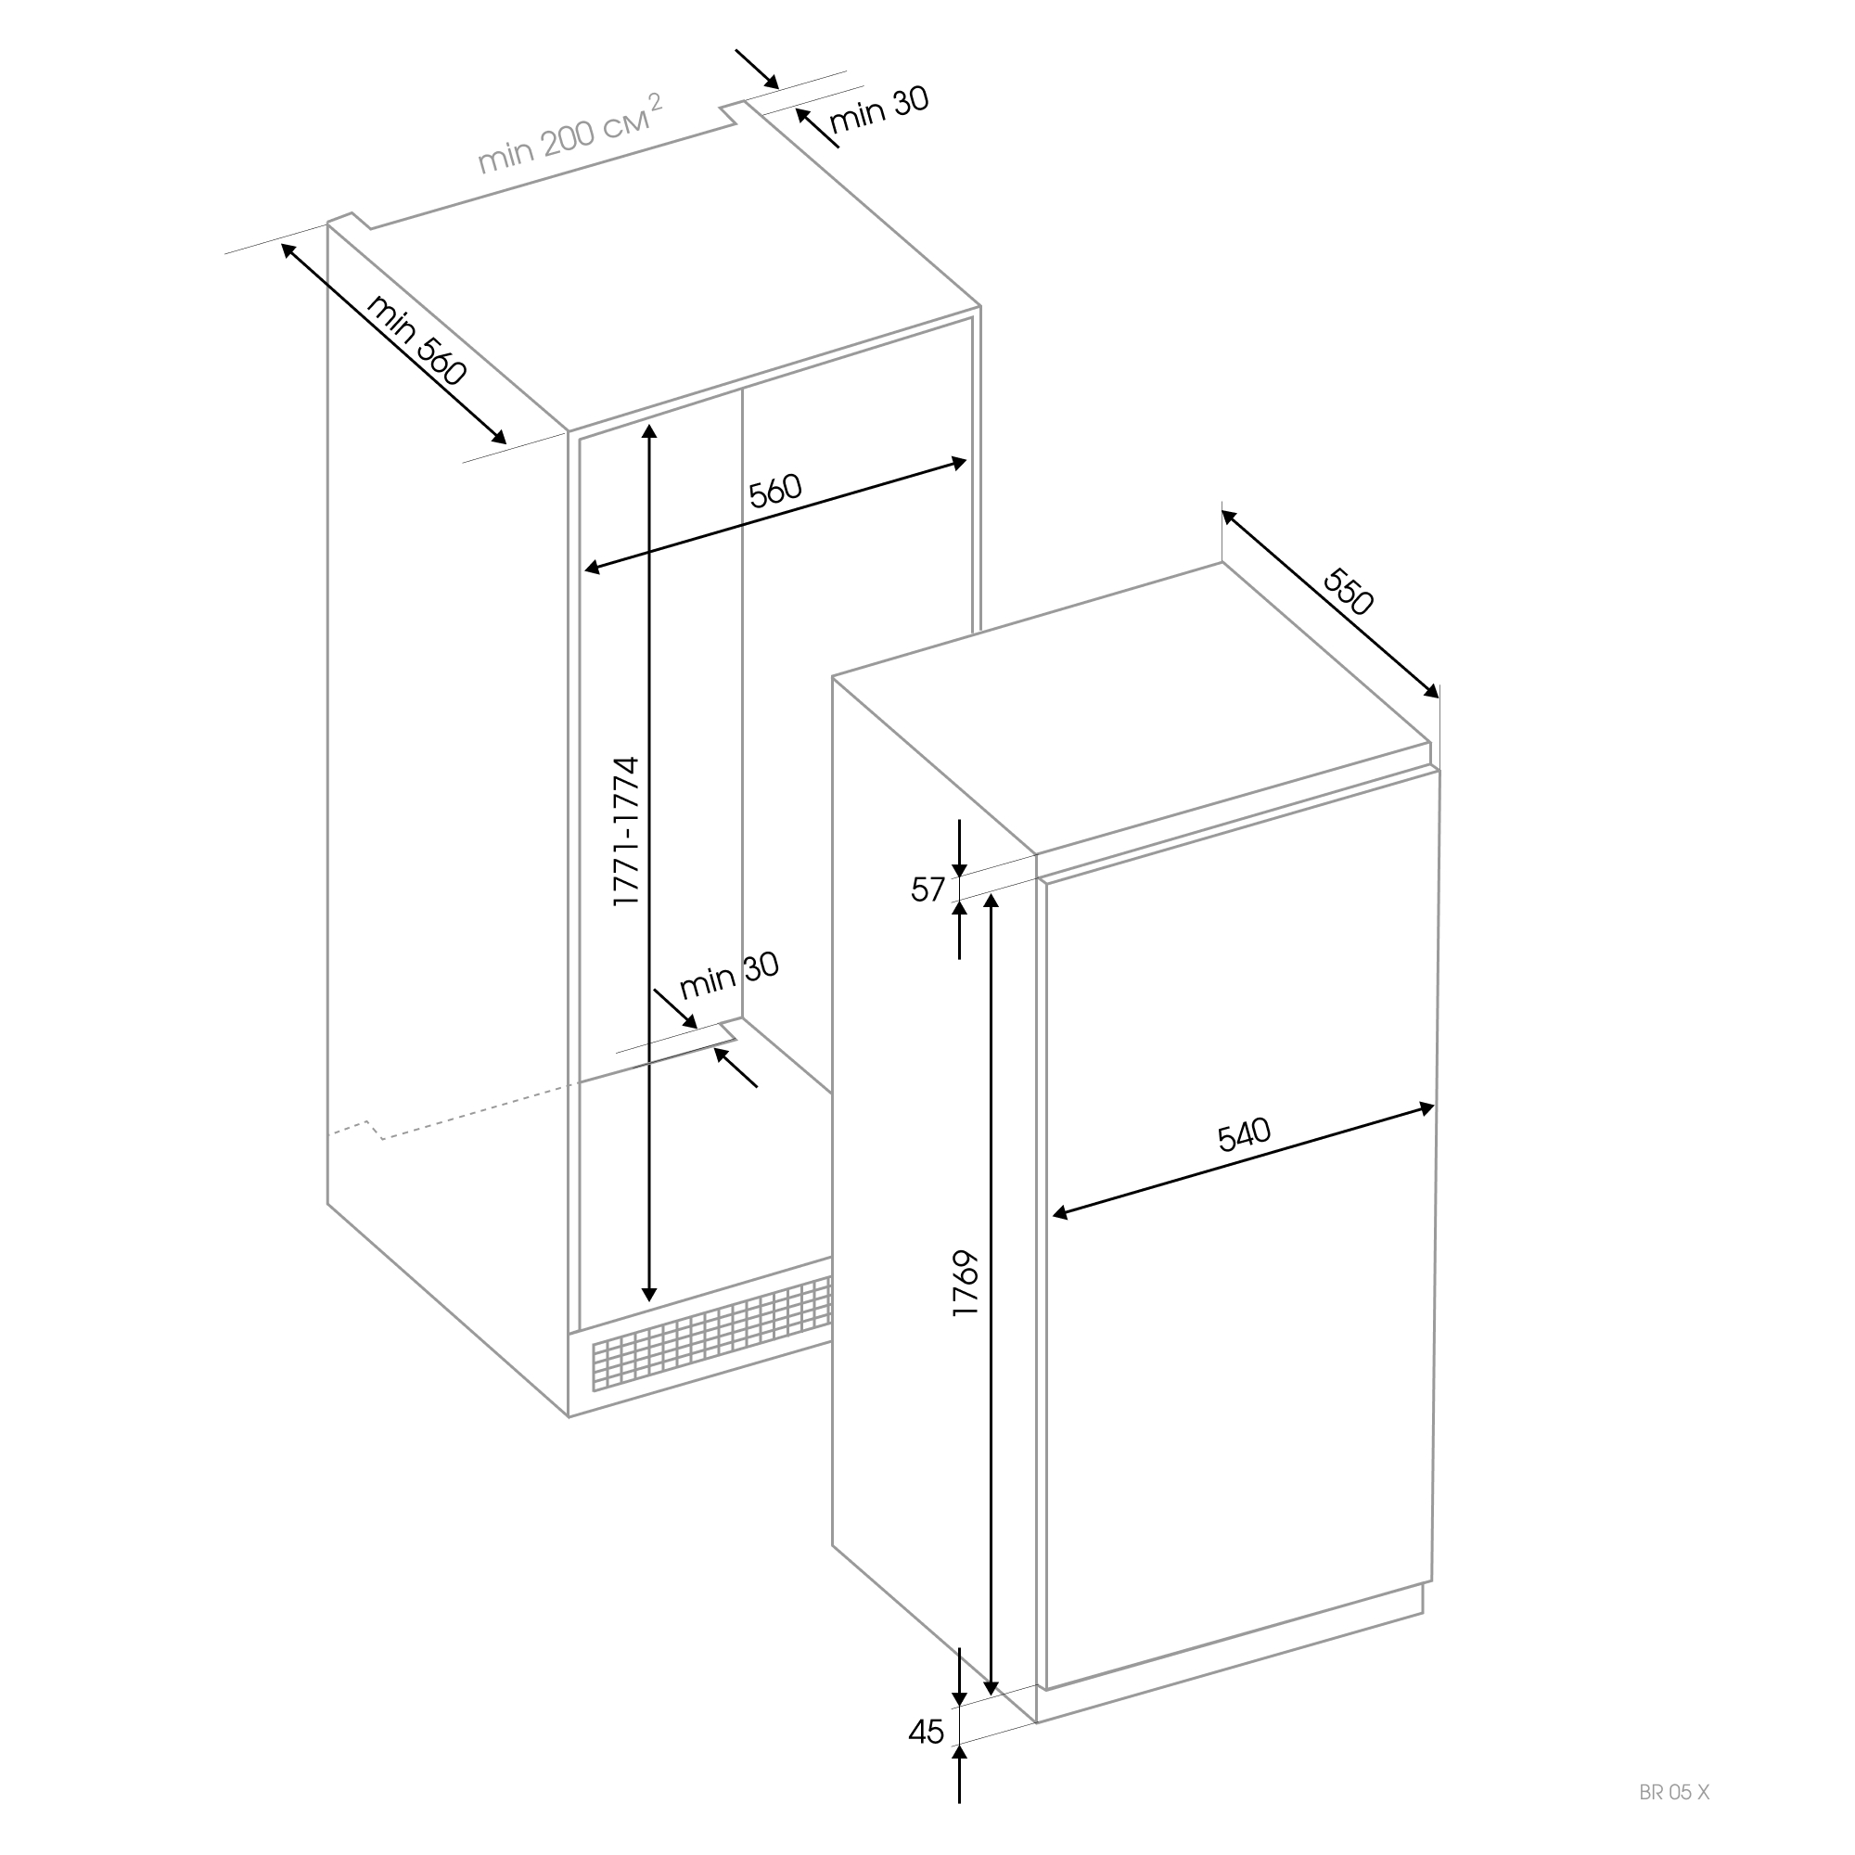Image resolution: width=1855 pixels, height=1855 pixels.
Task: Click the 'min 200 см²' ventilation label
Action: coord(570,134)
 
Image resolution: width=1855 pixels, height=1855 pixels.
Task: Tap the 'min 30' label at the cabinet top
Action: coord(879,111)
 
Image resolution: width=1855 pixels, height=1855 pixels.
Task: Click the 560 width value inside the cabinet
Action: coord(774,491)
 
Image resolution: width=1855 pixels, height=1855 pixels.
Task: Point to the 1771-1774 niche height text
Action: coord(626,831)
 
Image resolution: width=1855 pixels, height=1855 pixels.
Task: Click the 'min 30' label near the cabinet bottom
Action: coord(729,976)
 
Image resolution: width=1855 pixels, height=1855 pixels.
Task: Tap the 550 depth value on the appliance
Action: coord(1349,592)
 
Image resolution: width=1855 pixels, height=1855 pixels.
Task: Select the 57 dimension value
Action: coord(928,890)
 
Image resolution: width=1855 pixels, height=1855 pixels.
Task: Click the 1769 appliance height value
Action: coord(965,1283)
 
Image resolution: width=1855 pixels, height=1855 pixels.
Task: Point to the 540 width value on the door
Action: coord(1245,1134)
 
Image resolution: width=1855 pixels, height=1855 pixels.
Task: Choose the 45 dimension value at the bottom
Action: coord(927,1731)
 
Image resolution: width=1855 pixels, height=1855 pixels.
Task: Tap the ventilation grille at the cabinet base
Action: coord(711,1334)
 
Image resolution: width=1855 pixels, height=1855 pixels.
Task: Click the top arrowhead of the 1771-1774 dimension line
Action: coord(650,429)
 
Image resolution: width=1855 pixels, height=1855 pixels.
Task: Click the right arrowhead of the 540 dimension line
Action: coord(1426,1108)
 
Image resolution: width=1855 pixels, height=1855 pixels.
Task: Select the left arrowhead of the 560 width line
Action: coord(592,569)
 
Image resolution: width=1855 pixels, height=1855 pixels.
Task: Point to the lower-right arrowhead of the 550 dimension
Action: coord(1433,691)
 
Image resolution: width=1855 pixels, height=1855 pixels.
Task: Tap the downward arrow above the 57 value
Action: coord(959,848)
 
